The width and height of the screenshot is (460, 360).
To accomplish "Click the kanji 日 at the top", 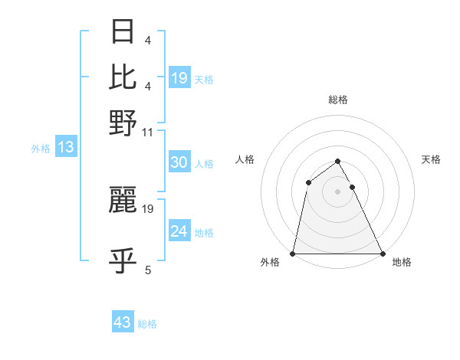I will click(x=123, y=32).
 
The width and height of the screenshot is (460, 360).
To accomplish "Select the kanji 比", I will click(x=123, y=76).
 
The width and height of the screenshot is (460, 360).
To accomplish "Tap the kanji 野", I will click(x=123, y=122).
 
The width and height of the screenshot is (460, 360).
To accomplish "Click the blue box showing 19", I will click(x=179, y=77).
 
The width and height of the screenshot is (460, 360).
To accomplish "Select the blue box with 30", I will click(x=179, y=162).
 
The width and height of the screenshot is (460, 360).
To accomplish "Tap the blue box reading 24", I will click(x=179, y=231).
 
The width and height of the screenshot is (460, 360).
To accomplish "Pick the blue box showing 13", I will click(x=65, y=147).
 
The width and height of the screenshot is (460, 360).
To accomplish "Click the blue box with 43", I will click(x=123, y=322).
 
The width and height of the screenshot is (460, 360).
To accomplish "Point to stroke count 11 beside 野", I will click(x=148, y=133).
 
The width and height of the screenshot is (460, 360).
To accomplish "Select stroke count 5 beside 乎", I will click(x=148, y=270).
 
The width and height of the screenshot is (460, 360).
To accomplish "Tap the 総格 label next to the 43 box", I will click(x=147, y=324).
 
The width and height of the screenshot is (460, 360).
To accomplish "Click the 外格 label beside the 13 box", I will click(x=41, y=149).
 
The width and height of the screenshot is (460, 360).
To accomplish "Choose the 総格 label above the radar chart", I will click(x=338, y=100).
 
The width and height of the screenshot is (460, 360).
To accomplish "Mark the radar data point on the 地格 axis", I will click(x=382, y=253).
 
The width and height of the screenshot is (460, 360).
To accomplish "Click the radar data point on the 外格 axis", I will click(x=294, y=253).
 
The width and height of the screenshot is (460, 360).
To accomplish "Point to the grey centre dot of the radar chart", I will click(x=338, y=191).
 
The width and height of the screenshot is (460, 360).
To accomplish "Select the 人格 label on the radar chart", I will click(x=245, y=159).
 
